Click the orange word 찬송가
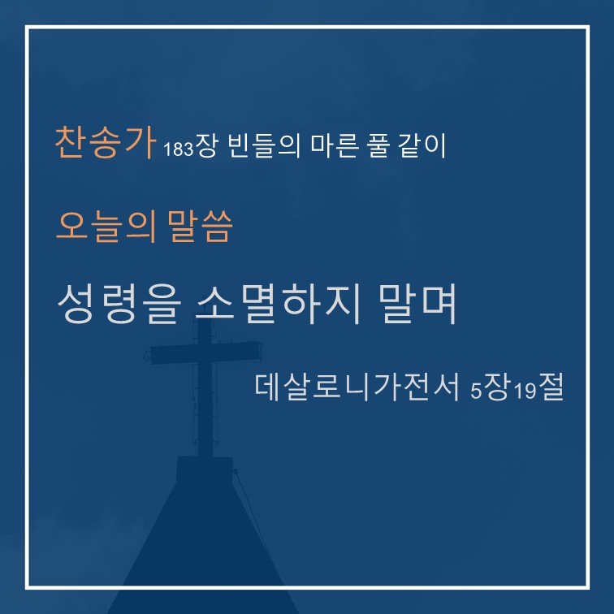point(105,142)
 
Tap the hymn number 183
point(178,149)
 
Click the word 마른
point(335,145)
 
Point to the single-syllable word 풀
point(378,145)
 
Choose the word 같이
point(422,145)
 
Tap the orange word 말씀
point(200,226)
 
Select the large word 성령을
point(119,305)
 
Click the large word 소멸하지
point(277,305)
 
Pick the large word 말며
point(417,304)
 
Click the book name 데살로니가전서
point(357,387)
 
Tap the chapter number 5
point(476,391)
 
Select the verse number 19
point(525,391)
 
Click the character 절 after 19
point(551,387)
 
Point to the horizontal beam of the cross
point(206,352)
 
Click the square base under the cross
point(205,469)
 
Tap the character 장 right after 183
point(205,145)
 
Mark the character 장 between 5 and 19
point(497,387)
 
